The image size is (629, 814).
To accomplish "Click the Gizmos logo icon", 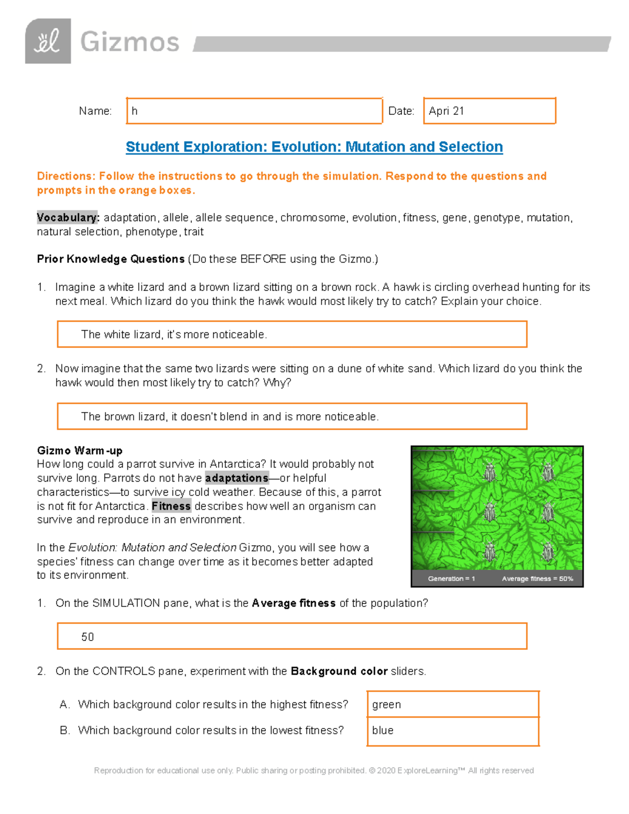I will coord(48,41).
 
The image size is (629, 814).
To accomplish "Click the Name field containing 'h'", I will coord(254,111).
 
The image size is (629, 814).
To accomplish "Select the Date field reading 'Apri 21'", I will coord(489,111).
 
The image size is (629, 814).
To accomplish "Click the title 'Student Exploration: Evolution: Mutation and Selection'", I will coord(314,147).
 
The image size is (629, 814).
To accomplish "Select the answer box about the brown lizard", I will coord(291,416).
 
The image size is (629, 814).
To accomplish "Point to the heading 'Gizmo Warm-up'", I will coord(80,451).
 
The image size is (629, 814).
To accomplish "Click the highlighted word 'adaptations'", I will coord(236,478).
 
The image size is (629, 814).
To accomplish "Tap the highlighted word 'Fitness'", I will coord(171,506).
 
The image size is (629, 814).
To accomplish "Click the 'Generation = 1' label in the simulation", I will coord(451,579).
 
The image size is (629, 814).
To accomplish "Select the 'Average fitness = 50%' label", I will coord(537,579).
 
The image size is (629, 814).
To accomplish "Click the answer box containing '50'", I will coord(291,636).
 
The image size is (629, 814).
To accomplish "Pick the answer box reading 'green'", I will coord(453,704).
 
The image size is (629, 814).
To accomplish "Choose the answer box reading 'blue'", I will coord(453,731).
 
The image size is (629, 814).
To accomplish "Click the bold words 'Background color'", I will coord(339,671).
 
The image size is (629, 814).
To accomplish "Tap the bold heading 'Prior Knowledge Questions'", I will coord(111,259).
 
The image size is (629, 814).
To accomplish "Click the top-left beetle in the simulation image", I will coord(490,472).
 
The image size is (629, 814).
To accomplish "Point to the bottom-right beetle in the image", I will coord(547,551).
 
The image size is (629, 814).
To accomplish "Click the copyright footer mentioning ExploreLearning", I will coord(313,770).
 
